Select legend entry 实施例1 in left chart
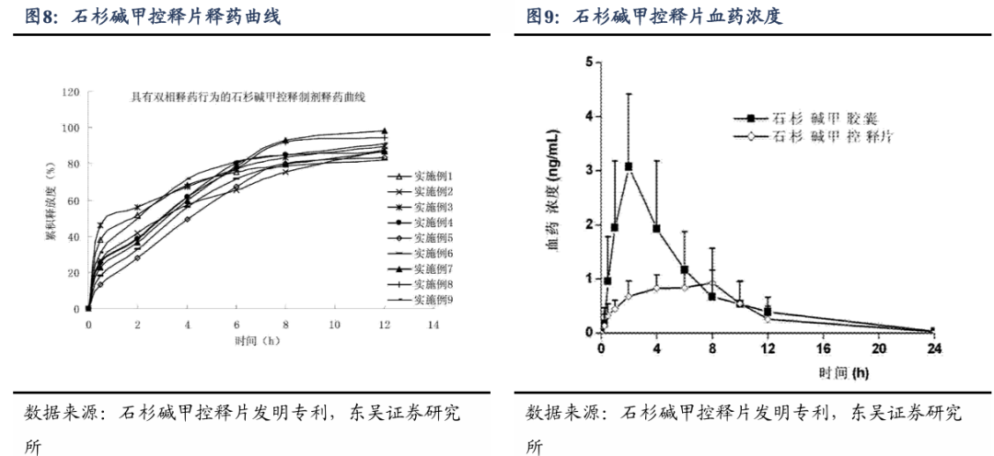click(x=433, y=175)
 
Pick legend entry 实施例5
click(x=433, y=237)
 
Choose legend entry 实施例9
click(x=433, y=300)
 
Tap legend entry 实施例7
click(x=433, y=268)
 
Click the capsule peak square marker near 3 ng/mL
click(x=629, y=166)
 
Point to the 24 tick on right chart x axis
click(x=932, y=348)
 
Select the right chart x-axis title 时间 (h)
click(x=766, y=373)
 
